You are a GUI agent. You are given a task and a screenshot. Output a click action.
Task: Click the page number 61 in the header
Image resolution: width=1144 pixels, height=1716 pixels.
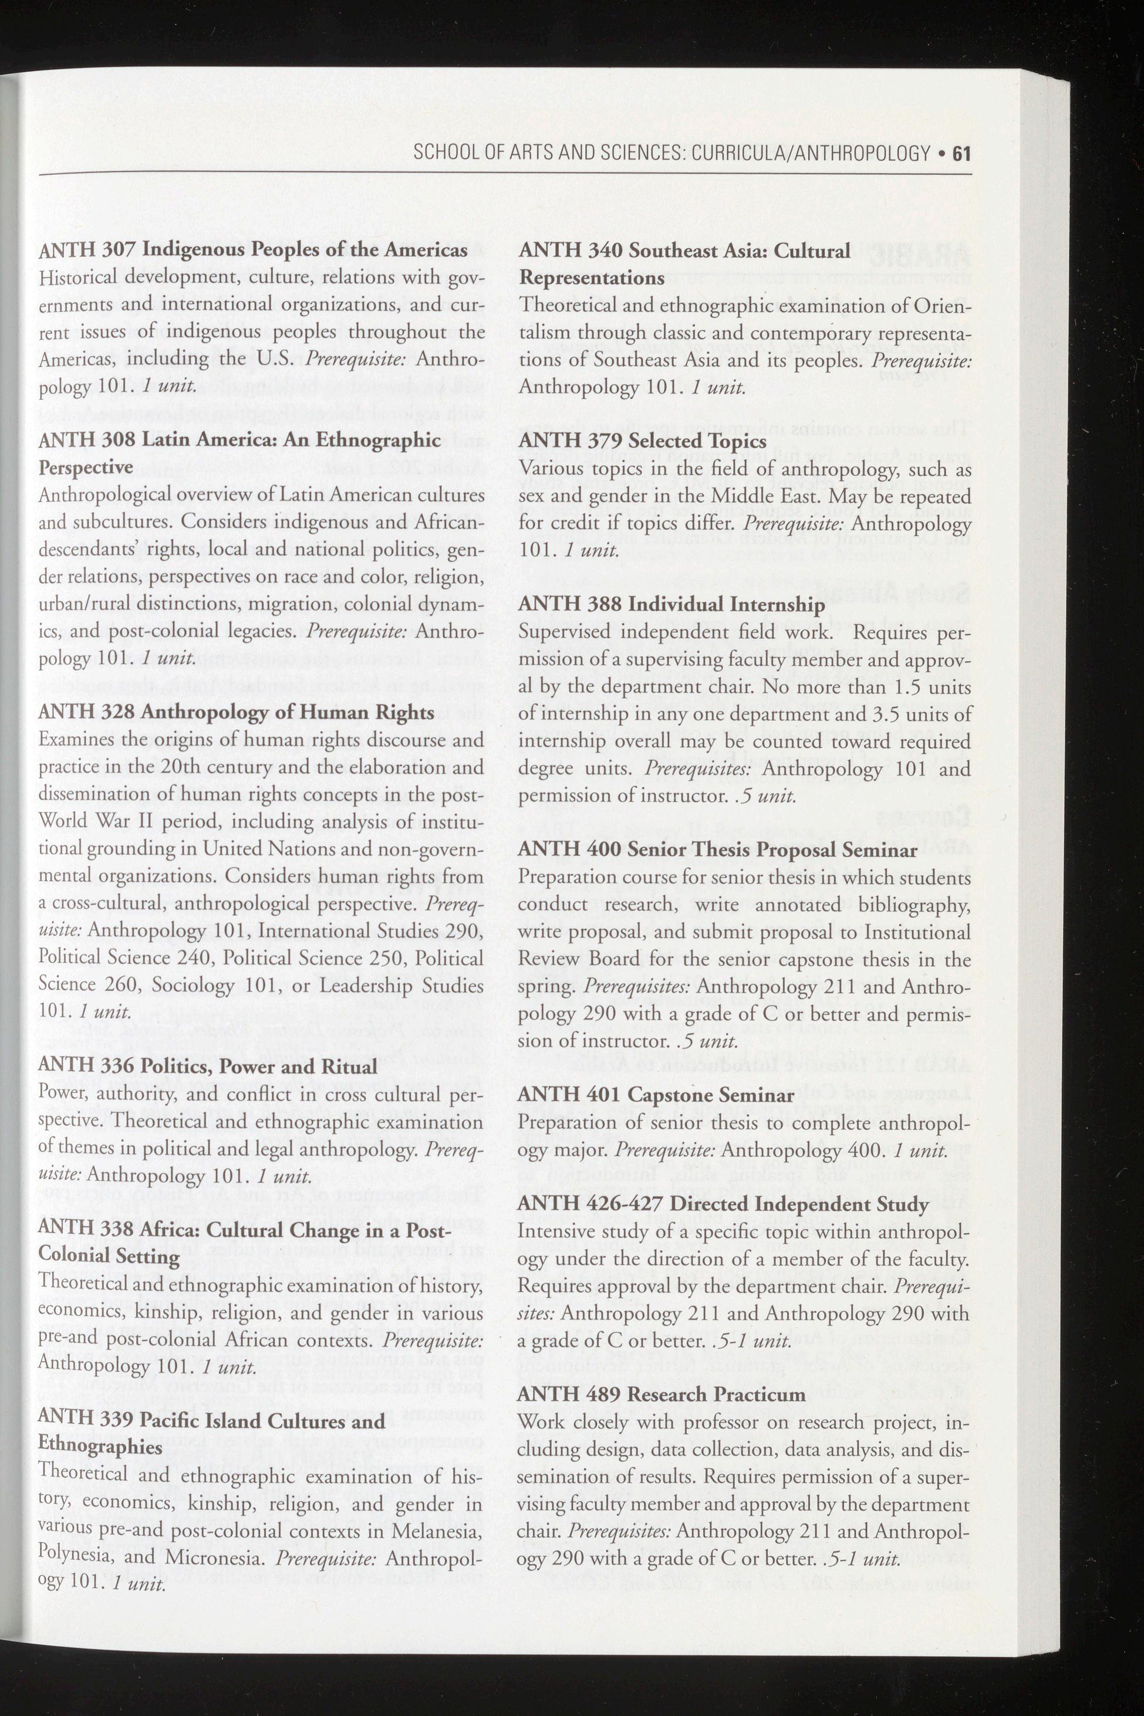point(960,153)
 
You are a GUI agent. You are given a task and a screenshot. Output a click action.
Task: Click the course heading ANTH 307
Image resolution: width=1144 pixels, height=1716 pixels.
point(252,249)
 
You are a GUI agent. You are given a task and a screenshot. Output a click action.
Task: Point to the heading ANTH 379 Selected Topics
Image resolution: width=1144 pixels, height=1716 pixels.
point(642,441)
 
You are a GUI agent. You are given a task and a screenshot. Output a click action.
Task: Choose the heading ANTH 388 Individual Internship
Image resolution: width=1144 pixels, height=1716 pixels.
point(671,605)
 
